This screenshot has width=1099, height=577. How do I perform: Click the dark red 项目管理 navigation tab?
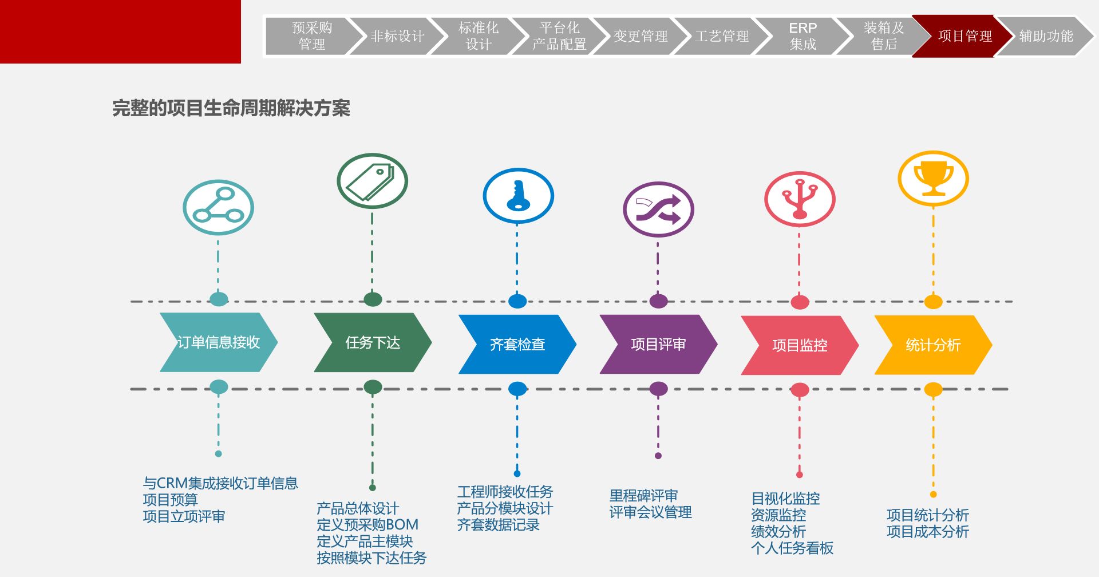tap(964, 36)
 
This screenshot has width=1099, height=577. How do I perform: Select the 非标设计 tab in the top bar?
tap(397, 36)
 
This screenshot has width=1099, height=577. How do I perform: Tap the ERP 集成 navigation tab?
tap(802, 36)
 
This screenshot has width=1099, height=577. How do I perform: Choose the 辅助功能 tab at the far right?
tap(1045, 36)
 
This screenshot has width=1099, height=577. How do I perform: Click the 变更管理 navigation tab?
tap(640, 36)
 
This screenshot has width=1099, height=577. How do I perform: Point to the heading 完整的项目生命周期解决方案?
tap(231, 108)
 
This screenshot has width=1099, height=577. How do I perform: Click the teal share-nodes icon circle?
tap(218, 208)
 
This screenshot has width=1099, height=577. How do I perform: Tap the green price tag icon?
tap(372, 181)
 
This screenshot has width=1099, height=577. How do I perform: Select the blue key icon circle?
tap(518, 196)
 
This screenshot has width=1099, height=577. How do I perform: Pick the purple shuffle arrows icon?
tap(658, 210)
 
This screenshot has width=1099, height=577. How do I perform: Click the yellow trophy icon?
tap(933, 179)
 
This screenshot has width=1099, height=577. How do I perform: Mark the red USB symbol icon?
tap(800, 199)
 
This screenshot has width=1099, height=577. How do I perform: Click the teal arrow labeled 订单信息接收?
tap(218, 342)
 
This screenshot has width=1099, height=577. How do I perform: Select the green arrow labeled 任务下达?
tap(373, 342)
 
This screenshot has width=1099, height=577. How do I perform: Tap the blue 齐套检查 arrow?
tap(517, 344)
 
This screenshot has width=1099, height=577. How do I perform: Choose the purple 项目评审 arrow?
tap(658, 344)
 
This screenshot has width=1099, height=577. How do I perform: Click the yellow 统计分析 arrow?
tap(933, 345)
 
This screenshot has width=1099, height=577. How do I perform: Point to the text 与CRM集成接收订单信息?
tap(220, 484)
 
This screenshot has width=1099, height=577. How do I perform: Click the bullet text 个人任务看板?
tap(792, 548)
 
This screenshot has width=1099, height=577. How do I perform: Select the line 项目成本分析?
tap(927, 532)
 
